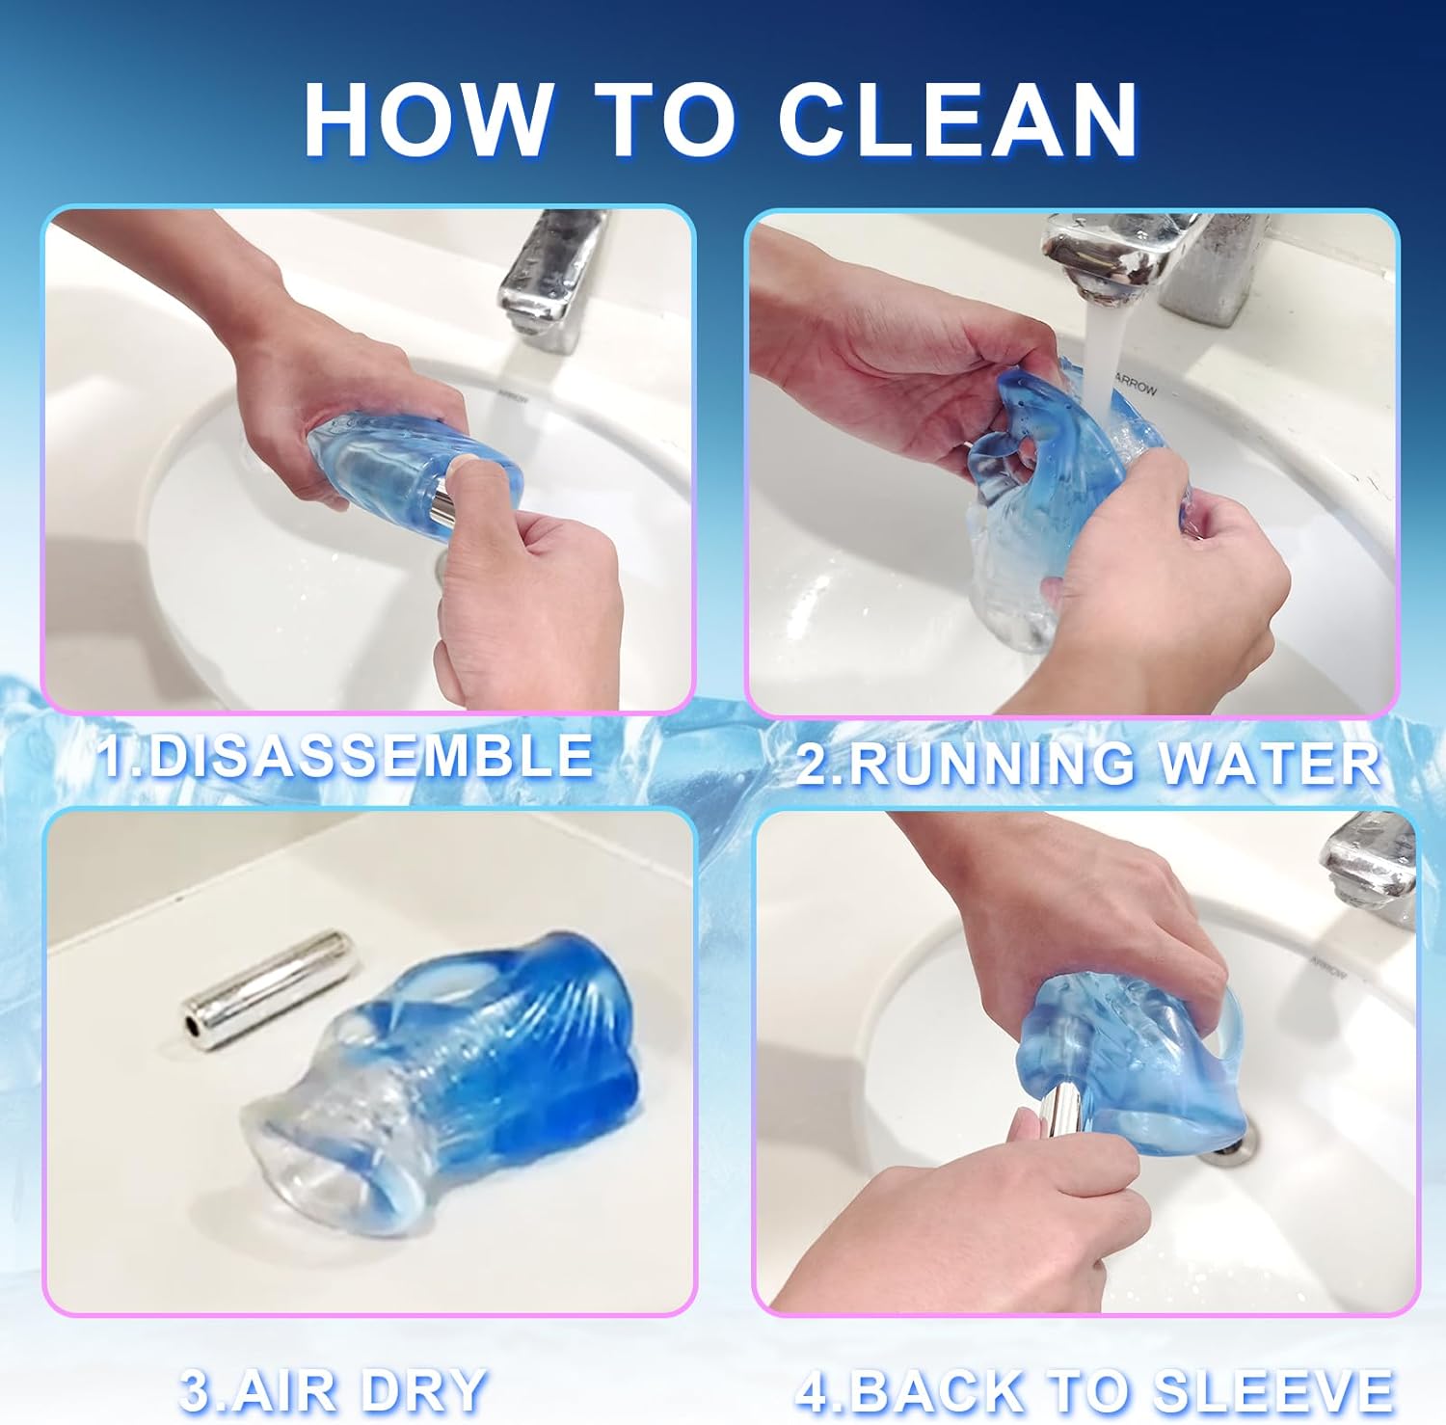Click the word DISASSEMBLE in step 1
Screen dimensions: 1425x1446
[371, 756]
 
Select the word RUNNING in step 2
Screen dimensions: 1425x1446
[992, 764]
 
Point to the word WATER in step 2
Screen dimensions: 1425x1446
[1270, 764]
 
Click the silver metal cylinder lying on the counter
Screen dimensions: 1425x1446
[266, 987]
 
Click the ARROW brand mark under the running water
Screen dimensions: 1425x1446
[1137, 383]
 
